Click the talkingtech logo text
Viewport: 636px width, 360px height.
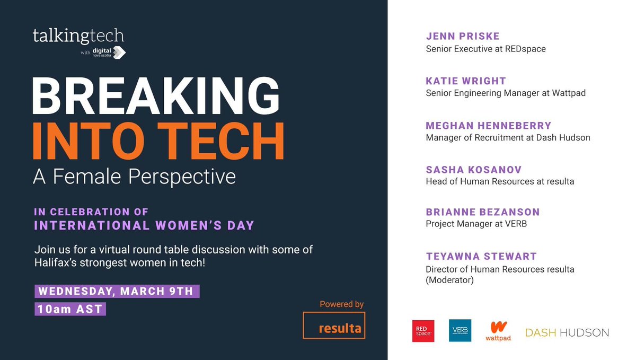[78, 36]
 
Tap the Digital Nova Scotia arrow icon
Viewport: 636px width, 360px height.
[119, 52]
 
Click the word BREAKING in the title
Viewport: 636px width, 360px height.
[156, 96]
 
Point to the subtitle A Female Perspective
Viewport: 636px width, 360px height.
[134, 176]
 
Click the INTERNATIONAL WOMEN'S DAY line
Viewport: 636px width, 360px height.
[144, 225]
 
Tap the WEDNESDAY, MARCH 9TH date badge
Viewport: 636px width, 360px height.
[117, 292]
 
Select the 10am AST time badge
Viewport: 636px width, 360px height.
[70, 309]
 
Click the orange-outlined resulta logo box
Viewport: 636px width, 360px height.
[334, 325]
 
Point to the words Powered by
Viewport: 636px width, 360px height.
[341, 304]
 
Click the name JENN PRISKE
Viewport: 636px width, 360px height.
[463, 37]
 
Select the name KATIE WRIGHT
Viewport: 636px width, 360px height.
[466, 81]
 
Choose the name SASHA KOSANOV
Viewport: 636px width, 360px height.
[474, 170]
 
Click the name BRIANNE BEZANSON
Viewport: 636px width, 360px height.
[482, 212]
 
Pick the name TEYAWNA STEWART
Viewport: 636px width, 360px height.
[481, 256]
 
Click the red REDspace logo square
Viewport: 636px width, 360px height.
[423, 331]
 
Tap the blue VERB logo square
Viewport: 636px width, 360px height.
[460, 331]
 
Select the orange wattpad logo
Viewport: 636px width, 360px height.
[498, 331]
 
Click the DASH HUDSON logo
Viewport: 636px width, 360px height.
[567, 333]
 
